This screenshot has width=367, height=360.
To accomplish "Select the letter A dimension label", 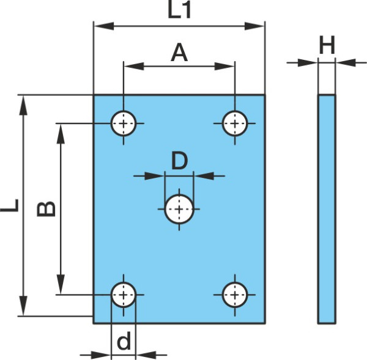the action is click(x=179, y=53).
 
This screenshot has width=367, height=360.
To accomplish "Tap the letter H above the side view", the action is click(x=327, y=45).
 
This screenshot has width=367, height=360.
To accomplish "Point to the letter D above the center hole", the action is click(x=179, y=161).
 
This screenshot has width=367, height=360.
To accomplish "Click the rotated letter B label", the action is click(x=46, y=208).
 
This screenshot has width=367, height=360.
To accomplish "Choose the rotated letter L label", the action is click(x=10, y=205).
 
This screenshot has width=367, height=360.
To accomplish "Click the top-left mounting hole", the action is click(x=124, y=123).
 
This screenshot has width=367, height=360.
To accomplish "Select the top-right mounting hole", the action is click(x=235, y=123).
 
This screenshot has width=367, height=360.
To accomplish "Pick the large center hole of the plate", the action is click(x=179, y=209).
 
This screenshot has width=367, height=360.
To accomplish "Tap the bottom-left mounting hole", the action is click(x=124, y=295).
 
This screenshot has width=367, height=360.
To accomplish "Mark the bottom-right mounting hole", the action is click(x=235, y=295).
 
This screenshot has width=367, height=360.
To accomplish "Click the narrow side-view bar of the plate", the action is click(x=327, y=209).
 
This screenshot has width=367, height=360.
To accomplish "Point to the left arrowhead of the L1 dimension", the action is click(x=104, y=26).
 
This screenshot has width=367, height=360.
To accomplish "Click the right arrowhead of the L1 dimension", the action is click(x=254, y=26).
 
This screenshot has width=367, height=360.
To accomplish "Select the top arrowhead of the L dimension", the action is click(x=23, y=105).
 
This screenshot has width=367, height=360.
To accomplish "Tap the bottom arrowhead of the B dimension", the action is click(x=61, y=284).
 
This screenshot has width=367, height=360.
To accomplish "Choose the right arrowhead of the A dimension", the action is click(x=224, y=66).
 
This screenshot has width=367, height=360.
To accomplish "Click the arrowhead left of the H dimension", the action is click(x=308, y=63).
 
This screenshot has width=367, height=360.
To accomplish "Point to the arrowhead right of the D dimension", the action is click(x=204, y=176).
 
